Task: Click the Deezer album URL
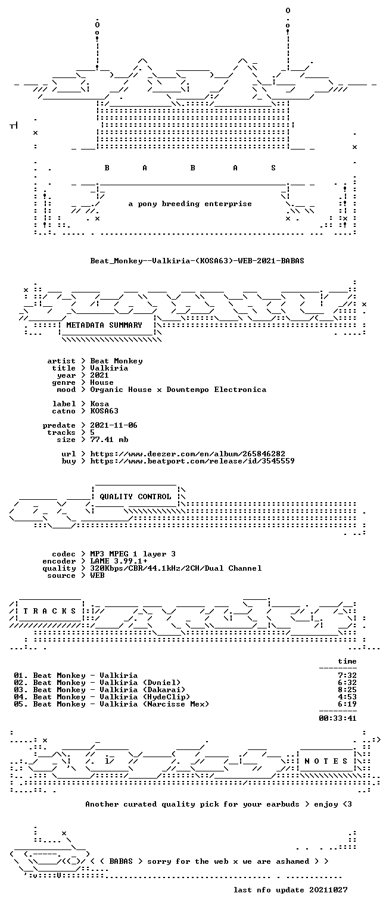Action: [188, 454]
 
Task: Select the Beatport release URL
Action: [192, 461]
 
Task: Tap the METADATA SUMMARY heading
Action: [104, 325]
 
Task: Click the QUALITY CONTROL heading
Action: [135, 497]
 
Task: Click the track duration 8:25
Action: [347, 690]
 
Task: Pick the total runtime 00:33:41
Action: [337, 718]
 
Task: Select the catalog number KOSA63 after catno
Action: [104, 411]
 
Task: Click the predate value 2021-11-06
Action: [114, 425]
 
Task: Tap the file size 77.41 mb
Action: [109, 440]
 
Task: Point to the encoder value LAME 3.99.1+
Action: [119, 561]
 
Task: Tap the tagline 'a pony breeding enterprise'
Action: [190, 204]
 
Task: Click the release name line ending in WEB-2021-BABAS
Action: [197, 260]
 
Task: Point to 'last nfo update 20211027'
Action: [291, 890]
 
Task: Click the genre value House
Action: [102, 382]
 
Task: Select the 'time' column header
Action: [347, 661]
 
